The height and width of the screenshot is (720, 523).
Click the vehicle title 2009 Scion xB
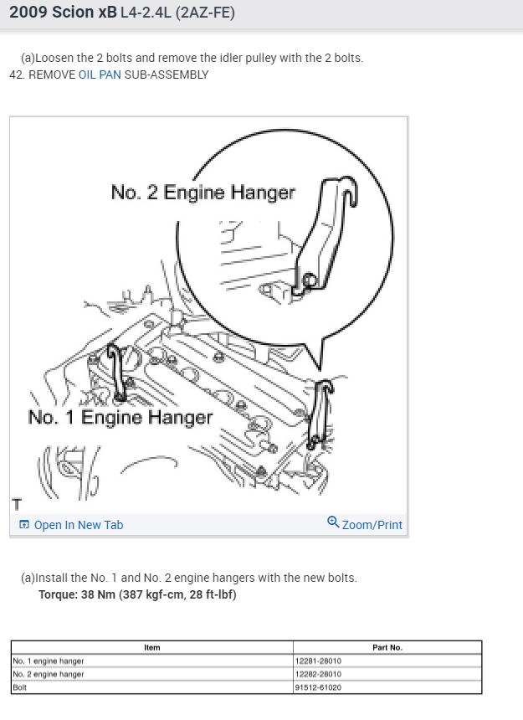[63, 13]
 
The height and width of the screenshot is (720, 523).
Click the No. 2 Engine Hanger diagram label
[203, 193]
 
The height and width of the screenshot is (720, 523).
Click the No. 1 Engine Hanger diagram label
[120, 417]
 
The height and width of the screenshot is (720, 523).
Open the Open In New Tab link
[78, 525]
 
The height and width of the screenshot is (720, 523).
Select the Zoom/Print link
[372, 525]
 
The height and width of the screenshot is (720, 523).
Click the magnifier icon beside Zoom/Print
[333, 523]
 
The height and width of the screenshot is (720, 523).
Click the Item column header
[151, 647]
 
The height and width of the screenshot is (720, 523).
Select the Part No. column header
[387, 647]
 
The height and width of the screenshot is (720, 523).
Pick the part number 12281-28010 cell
[319, 661]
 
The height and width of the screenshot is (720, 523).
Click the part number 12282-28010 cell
[319, 674]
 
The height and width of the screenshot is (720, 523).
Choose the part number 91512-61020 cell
[319, 687]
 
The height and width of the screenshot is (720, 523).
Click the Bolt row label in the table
[21, 687]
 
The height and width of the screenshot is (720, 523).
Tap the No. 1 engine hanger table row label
[49, 661]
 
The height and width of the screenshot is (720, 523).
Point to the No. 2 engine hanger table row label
[49, 674]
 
